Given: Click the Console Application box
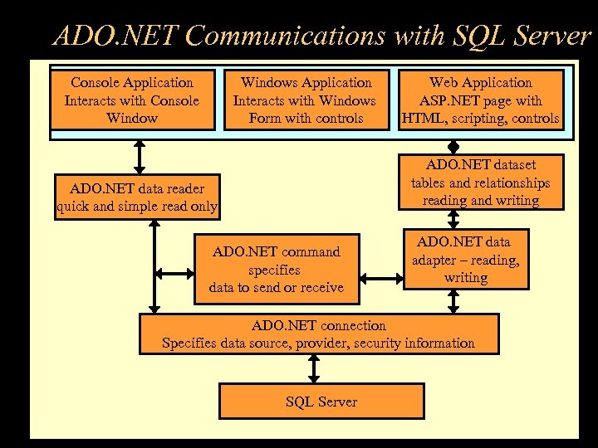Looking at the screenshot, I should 132,100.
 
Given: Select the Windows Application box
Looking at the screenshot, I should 306,100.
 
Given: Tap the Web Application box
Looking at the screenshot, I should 480,100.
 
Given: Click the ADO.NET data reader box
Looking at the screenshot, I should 137,197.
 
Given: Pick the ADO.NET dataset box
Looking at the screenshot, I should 480,183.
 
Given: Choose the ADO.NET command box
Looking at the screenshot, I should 276,270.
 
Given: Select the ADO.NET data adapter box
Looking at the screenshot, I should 466,260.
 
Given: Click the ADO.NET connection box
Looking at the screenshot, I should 319,334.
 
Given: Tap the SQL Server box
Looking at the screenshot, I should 321,402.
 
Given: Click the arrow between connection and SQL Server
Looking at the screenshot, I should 314,368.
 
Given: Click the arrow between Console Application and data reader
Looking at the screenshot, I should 139,155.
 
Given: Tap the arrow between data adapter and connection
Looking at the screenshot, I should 453,301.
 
